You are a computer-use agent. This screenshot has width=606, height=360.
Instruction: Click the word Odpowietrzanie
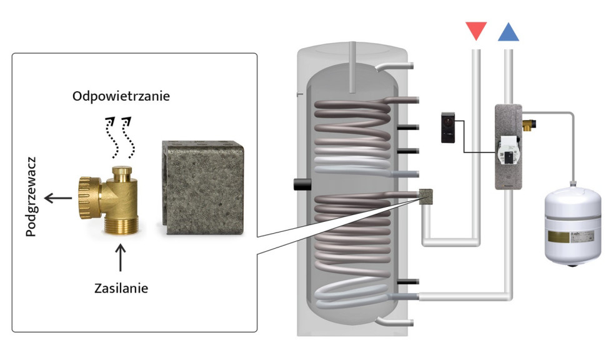click(x=121, y=97)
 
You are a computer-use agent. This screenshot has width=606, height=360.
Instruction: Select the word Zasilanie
click(x=121, y=289)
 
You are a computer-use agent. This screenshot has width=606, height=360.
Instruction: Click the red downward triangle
click(x=476, y=30)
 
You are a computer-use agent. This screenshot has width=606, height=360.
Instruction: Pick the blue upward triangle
click(x=508, y=32)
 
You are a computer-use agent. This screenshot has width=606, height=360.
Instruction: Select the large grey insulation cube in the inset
click(x=203, y=187)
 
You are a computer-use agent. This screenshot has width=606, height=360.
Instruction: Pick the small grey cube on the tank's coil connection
click(x=428, y=197)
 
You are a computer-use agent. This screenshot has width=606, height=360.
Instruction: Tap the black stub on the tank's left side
click(x=302, y=185)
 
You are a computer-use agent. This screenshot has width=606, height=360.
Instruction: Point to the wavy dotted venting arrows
click(x=120, y=136)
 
